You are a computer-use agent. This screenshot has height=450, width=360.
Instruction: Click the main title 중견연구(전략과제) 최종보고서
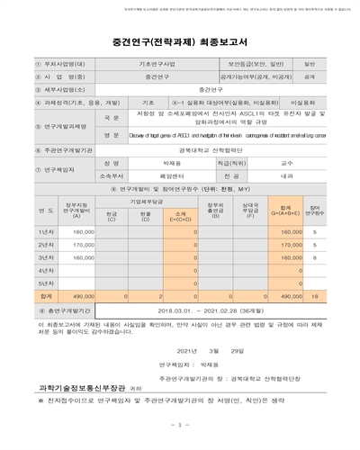pyautogui.click(x=180, y=40)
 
